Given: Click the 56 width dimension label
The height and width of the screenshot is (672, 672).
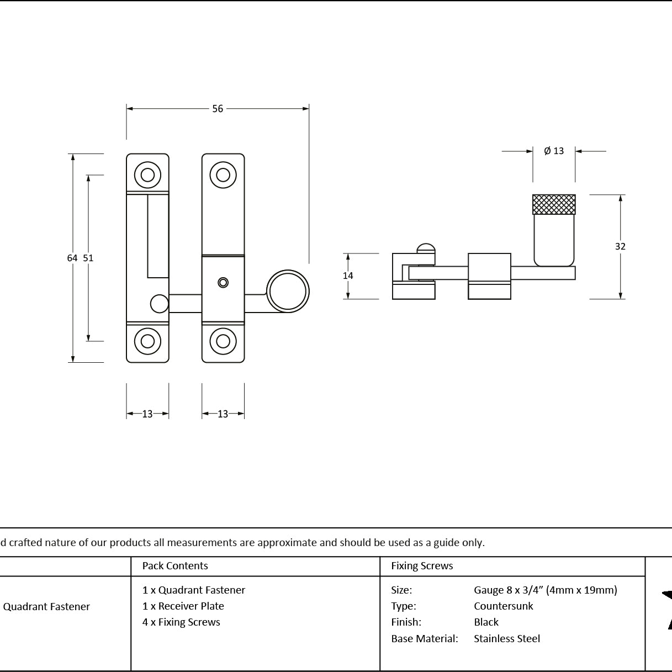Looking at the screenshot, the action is pyautogui.click(x=218, y=109).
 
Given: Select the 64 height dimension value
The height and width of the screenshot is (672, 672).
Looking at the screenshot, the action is pyautogui.click(x=72, y=258).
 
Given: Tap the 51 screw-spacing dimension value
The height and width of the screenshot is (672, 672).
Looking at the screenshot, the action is pyautogui.click(x=88, y=258).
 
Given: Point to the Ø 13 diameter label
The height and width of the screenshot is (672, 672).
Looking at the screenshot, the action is pyautogui.click(x=554, y=151).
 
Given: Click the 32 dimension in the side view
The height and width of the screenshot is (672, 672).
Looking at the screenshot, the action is pyautogui.click(x=620, y=247).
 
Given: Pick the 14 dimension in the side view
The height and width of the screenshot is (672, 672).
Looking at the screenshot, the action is pyautogui.click(x=348, y=276).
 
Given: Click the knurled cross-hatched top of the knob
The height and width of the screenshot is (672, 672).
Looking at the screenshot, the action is pyautogui.click(x=554, y=204).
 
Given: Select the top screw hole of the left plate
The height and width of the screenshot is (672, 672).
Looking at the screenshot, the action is pyautogui.click(x=147, y=175).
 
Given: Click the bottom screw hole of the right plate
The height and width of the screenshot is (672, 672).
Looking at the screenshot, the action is pyautogui.click(x=223, y=341).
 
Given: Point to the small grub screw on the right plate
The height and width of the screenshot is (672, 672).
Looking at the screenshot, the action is pyautogui.click(x=223, y=283).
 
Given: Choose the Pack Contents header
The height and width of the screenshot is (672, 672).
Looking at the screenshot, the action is pyautogui.click(x=175, y=565).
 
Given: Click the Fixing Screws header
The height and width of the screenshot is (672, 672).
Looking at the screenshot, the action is pyautogui.click(x=422, y=565).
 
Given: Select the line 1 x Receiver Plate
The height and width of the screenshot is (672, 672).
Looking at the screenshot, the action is pyautogui.click(x=183, y=606).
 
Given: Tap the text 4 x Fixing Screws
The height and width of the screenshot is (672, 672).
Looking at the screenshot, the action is pyautogui.click(x=181, y=622).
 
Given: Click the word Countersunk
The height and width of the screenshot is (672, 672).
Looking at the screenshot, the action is pyautogui.click(x=503, y=606).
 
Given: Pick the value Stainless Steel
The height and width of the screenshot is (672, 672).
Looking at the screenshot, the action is pyautogui.click(x=507, y=638).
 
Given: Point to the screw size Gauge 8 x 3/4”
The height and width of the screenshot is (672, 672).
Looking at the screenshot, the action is pyautogui.click(x=508, y=590).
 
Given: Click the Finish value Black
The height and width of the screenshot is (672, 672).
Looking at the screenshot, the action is pyautogui.click(x=486, y=622).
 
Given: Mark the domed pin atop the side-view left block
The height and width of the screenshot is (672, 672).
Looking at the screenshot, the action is pyautogui.click(x=426, y=248).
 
